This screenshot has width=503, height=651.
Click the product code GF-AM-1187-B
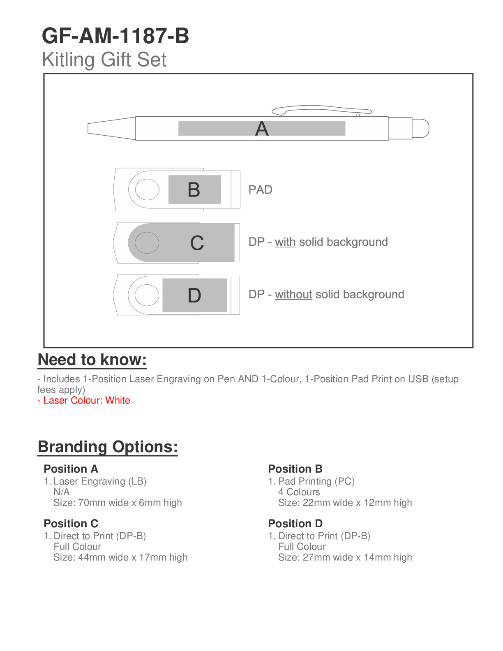[115, 36]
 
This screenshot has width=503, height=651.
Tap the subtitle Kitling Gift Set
[104, 60]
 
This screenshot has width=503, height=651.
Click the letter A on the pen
[262, 129]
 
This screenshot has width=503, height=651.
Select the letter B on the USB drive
[194, 190]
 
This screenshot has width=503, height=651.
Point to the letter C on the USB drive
[197, 243]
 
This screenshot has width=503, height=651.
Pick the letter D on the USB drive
[194, 295]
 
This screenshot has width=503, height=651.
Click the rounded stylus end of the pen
[421, 128]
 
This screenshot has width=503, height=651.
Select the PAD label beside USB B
[261, 190]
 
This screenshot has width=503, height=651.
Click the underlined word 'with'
[285, 242]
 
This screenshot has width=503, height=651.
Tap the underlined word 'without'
[293, 295]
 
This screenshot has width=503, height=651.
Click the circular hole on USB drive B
[147, 190]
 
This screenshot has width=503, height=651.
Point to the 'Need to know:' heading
[92, 360]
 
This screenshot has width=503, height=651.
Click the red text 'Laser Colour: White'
[87, 400]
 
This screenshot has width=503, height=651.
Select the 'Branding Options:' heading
[108, 447]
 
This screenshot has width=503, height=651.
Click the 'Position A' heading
[71, 469]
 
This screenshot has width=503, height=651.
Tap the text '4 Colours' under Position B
[299, 492]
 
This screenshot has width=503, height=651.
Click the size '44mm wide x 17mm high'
[133, 557]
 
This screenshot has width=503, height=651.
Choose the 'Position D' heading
[295, 524]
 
